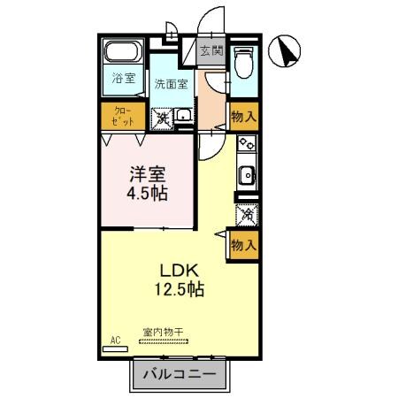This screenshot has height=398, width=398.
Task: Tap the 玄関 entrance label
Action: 210,51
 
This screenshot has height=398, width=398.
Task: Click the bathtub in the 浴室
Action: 123,51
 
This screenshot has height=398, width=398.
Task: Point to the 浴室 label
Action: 123,79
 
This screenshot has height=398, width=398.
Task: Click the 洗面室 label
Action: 171,85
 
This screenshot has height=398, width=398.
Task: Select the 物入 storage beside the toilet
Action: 244,116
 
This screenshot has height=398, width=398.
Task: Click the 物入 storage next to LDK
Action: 243,245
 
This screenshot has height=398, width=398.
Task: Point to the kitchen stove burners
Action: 246,143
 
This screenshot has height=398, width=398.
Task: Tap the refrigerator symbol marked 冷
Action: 246,213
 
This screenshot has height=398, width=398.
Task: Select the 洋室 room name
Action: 147,173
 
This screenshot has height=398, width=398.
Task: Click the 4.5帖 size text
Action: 147,192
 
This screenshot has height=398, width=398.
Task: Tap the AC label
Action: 115,340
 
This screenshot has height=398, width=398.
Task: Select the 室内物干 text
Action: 163,333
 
